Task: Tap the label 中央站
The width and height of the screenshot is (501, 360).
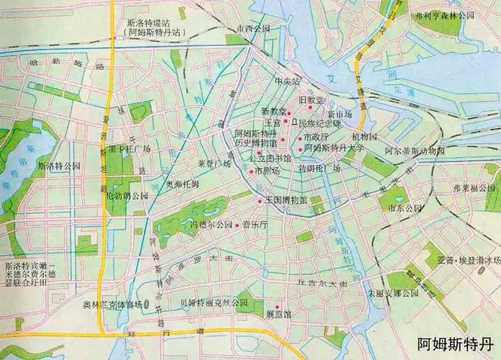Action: pos(288,82)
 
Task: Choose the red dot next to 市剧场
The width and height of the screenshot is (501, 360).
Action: pos(250,172)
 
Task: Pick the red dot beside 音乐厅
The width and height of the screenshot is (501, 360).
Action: pos(237,225)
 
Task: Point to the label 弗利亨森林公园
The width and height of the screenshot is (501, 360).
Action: pos(446,14)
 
